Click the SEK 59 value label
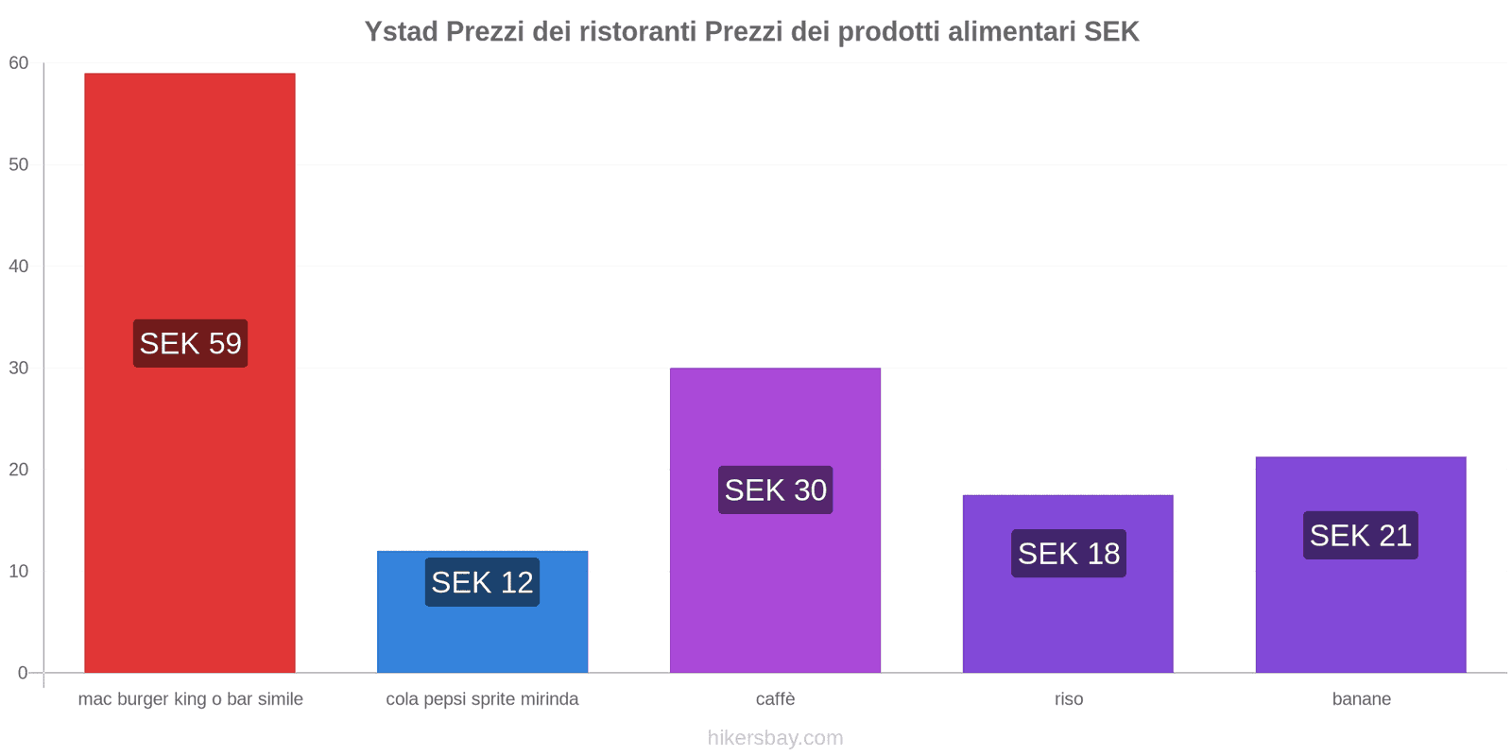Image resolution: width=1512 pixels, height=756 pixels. [x=190, y=343]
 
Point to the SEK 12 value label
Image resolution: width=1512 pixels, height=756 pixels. [x=482, y=582]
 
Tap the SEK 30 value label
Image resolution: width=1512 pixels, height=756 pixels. [x=775, y=490]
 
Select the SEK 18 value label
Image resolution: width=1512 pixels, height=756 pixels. [x=1068, y=553]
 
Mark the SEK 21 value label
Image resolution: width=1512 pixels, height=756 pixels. [x=1360, y=535]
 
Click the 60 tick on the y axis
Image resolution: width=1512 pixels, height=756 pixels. [x=19, y=63]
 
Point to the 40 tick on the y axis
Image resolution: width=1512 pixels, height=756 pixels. [x=19, y=266]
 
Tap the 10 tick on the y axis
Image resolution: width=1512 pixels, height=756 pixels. [x=19, y=571]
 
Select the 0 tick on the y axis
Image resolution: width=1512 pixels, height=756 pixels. [x=23, y=673]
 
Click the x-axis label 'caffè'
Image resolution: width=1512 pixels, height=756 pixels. [x=775, y=699]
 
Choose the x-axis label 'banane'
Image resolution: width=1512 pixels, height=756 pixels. [x=1361, y=699]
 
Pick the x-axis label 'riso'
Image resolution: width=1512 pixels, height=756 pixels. [x=1069, y=699]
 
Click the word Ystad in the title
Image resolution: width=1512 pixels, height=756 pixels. [x=401, y=32]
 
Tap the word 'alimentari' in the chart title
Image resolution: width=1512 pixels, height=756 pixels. [x=1011, y=32]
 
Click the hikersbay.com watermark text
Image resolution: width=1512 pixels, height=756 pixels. [x=775, y=738]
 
